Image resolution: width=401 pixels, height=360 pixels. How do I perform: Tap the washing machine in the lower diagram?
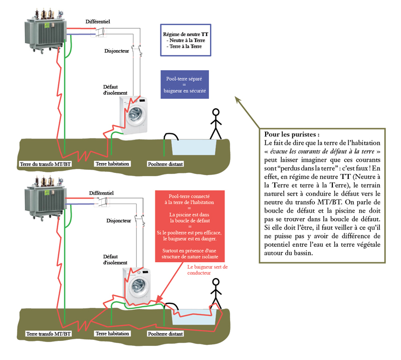pyautogui.click(x=137, y=285)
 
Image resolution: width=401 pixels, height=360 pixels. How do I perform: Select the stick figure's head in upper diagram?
pyautogui.click(x=216, y=112)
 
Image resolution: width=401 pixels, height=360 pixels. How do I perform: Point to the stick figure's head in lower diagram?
pyautogui.click(x=216, y=283)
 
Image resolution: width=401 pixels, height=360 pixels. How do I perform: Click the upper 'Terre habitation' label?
pyautogui.click(x=112, y=163)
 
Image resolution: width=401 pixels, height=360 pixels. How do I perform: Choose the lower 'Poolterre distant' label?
pyautogui.click(x=165, y=333)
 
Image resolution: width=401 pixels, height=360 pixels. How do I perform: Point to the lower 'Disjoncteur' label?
pyautogui.click(x=119, y=221)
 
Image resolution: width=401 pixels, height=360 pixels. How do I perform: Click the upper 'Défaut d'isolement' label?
pyautogui.click(x=115, y=89)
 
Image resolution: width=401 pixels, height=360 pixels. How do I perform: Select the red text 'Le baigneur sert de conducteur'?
pyautogui.click(x=207, y=270)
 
